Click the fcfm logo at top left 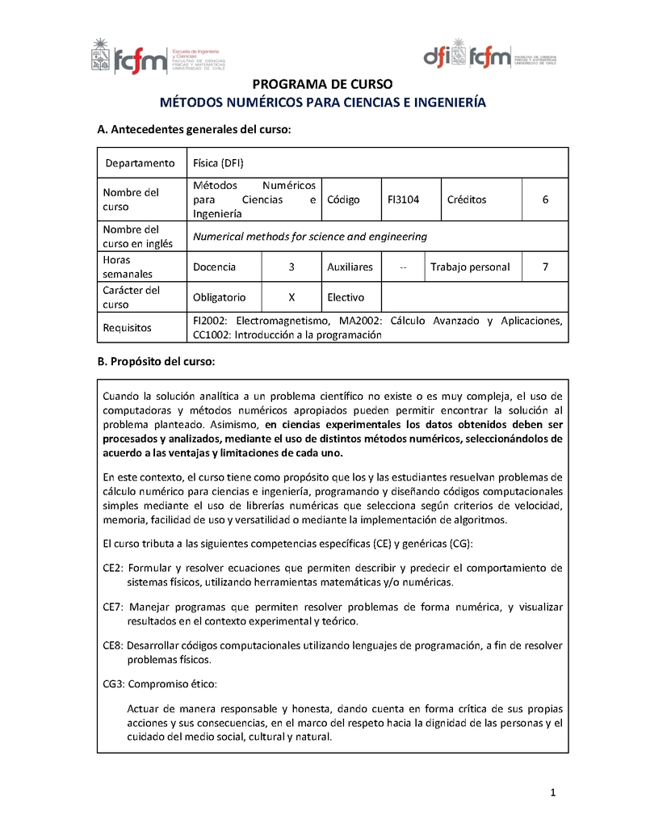coord(158,57)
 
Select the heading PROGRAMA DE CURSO coord(322,84)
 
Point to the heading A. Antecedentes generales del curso coord(193,129)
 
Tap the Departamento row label coord(140,163)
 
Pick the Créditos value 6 coord(545,200)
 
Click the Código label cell coord(343,200)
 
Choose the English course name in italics coord(310,237)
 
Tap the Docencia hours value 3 coord(292,267)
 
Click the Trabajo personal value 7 coord(545,267)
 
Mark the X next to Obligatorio coord(292,297)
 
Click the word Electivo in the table coord(346,297)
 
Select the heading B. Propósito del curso coord(156,361)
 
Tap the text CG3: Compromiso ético coord(160,684)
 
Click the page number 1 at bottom coord(553,793)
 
